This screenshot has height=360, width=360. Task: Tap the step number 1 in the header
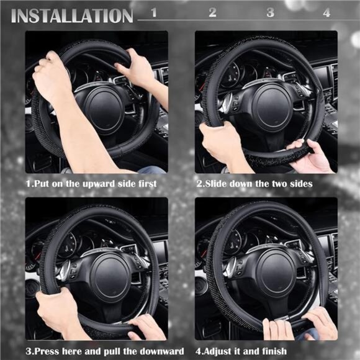point(154,12)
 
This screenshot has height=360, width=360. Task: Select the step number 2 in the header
point(212,12)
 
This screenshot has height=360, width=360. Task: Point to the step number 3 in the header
point(271,12)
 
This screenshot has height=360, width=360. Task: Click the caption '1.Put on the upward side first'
point(91,184)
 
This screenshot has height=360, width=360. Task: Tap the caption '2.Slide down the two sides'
point(254,184)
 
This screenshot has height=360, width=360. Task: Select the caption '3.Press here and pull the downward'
point(105,351)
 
